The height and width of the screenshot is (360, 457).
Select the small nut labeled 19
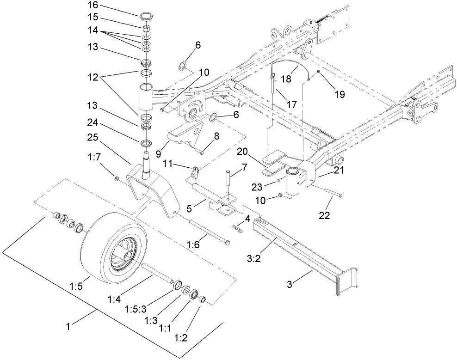(319, 71)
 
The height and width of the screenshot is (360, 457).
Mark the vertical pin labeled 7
(228, 182)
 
